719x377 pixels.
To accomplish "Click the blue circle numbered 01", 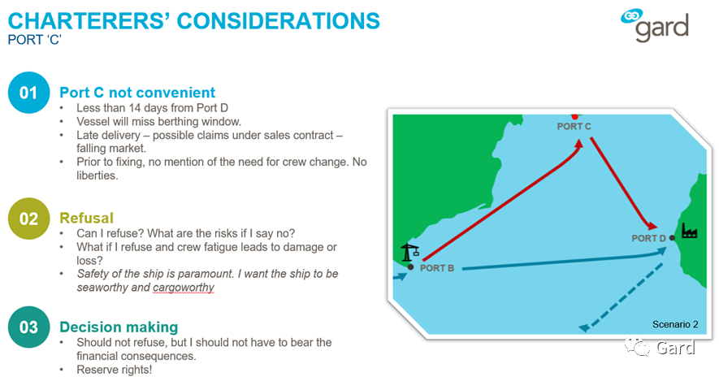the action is [28, 93].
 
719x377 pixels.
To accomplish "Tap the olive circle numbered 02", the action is [28, 219].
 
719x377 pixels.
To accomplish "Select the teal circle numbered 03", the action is [28, 327].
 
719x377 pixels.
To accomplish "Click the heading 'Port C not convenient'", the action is [137, 93].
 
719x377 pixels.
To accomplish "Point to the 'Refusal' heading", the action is [86, 218].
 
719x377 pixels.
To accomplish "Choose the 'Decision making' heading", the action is [119, 327].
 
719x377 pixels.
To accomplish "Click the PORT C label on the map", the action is [574, 126].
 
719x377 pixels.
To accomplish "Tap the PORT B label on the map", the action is [437, 268].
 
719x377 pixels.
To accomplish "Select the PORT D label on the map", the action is [648, 238].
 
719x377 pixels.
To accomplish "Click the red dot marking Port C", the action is [574, 117].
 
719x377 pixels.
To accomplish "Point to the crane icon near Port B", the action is [410, 253].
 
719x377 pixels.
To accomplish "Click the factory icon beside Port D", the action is [689, 231].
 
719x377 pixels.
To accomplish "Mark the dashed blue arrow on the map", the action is [621, 297].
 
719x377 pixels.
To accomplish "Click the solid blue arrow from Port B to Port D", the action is [565, 259].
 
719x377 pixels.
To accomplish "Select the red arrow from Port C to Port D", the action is [623, 184].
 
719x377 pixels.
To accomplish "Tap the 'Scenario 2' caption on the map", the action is [675, 324].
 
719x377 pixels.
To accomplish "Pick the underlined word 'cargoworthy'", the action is [184, 288].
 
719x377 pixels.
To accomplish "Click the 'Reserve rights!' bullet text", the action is [115, 370].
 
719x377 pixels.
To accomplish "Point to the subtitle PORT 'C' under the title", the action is [35, 40].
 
